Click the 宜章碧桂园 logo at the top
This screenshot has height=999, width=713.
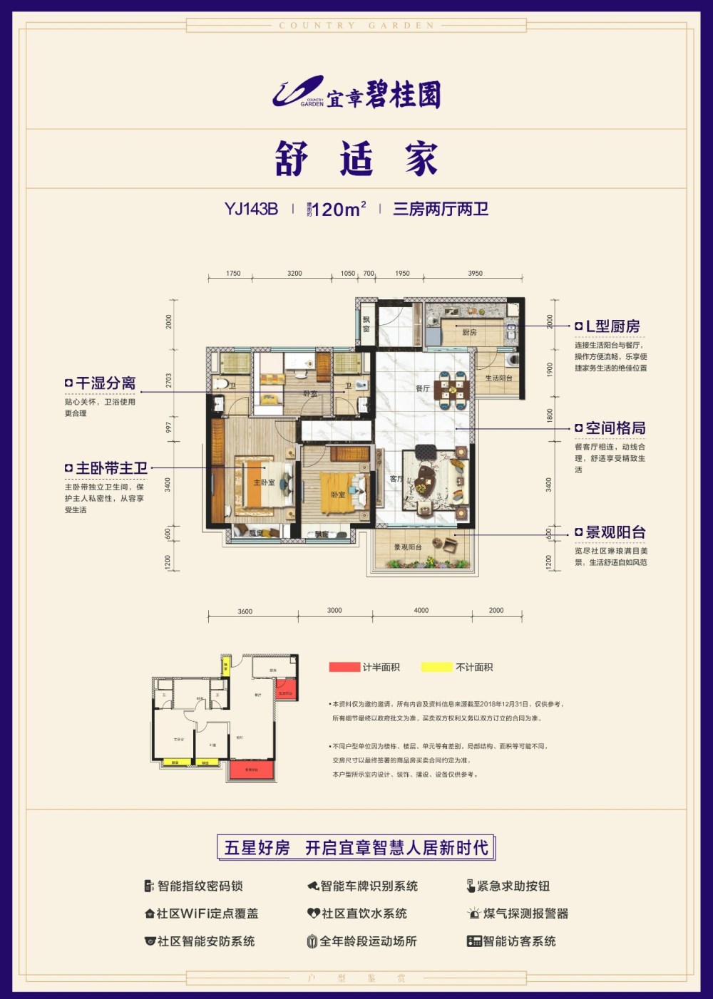coord(356,94)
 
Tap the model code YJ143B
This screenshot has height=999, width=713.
coord(251,209)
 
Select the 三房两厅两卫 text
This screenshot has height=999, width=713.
coord(441,209)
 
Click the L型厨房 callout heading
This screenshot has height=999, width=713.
coord(612,326)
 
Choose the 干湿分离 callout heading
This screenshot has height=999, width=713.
coord(106,383)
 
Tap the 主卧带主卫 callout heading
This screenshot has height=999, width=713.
coord(111,468)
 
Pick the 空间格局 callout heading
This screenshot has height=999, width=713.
coord(615,428)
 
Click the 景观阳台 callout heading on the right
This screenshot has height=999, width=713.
coord(615,532)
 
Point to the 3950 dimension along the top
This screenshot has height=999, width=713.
coord(475,273)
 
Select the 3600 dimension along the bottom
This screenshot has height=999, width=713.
coord(245,611)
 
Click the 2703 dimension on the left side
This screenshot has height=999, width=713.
coord(169,380)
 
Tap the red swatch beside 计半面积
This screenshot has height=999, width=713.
coord(344,667)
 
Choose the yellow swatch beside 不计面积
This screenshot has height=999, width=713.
coord(436,667)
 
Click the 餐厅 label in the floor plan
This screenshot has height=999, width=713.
coord(422,389)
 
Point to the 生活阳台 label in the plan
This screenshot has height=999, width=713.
coord(498,378)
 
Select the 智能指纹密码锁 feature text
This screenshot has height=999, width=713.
coord(200,886)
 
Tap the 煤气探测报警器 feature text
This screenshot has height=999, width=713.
coord(525,913)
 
